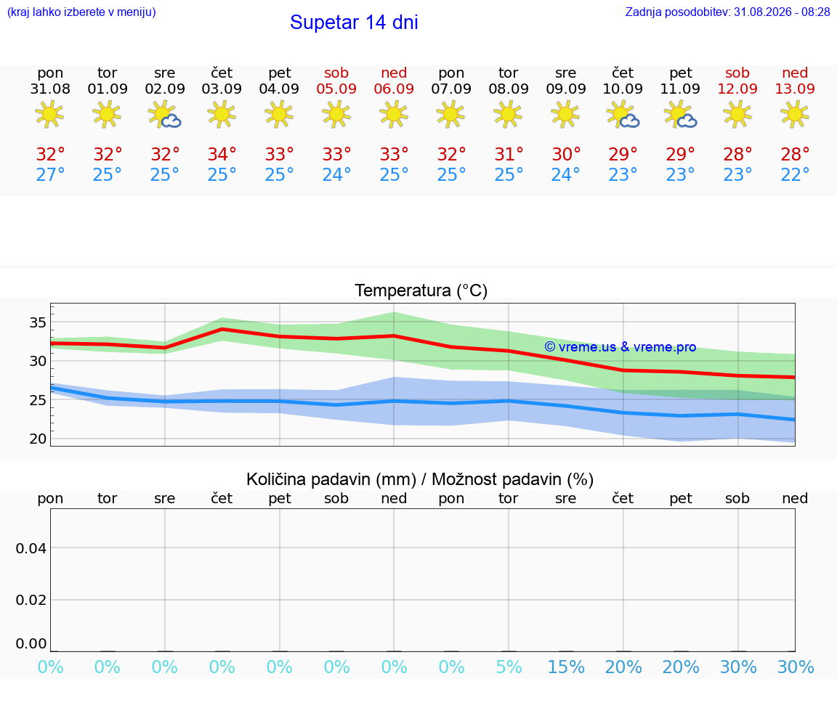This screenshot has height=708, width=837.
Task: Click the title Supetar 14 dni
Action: pos(354,23)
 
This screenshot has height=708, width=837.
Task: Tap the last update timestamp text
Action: pos(727,12)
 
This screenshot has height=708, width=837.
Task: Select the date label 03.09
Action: pos(222,89)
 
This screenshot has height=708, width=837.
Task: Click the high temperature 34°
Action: pos(222,154)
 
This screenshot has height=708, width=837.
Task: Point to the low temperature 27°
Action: pos(50,174)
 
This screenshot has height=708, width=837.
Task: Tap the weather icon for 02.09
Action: pos(164,115)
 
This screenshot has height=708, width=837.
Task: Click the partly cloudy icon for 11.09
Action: pos(681,115)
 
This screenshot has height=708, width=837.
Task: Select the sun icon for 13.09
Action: pos(795,115)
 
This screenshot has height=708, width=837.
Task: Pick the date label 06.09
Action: pos(394,89)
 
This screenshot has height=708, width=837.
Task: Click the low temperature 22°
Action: pos(795,174)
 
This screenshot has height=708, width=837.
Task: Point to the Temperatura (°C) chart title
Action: pos(421,290)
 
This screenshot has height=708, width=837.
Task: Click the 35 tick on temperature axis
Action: pos(38,322)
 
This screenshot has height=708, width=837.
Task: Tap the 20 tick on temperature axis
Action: pos(38,439)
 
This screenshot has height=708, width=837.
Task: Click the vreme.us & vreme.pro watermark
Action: pos(620,347)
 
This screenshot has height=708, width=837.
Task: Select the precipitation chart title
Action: pos(420,479)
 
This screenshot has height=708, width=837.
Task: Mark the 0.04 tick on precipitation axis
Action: pos(31,548)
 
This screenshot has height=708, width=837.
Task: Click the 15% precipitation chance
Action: pos(566,667)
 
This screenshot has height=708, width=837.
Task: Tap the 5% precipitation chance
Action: pos(509,667)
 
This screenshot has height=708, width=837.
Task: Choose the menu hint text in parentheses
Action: pos(81,12)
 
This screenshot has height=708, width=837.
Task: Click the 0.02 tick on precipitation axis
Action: pos(31,601)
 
